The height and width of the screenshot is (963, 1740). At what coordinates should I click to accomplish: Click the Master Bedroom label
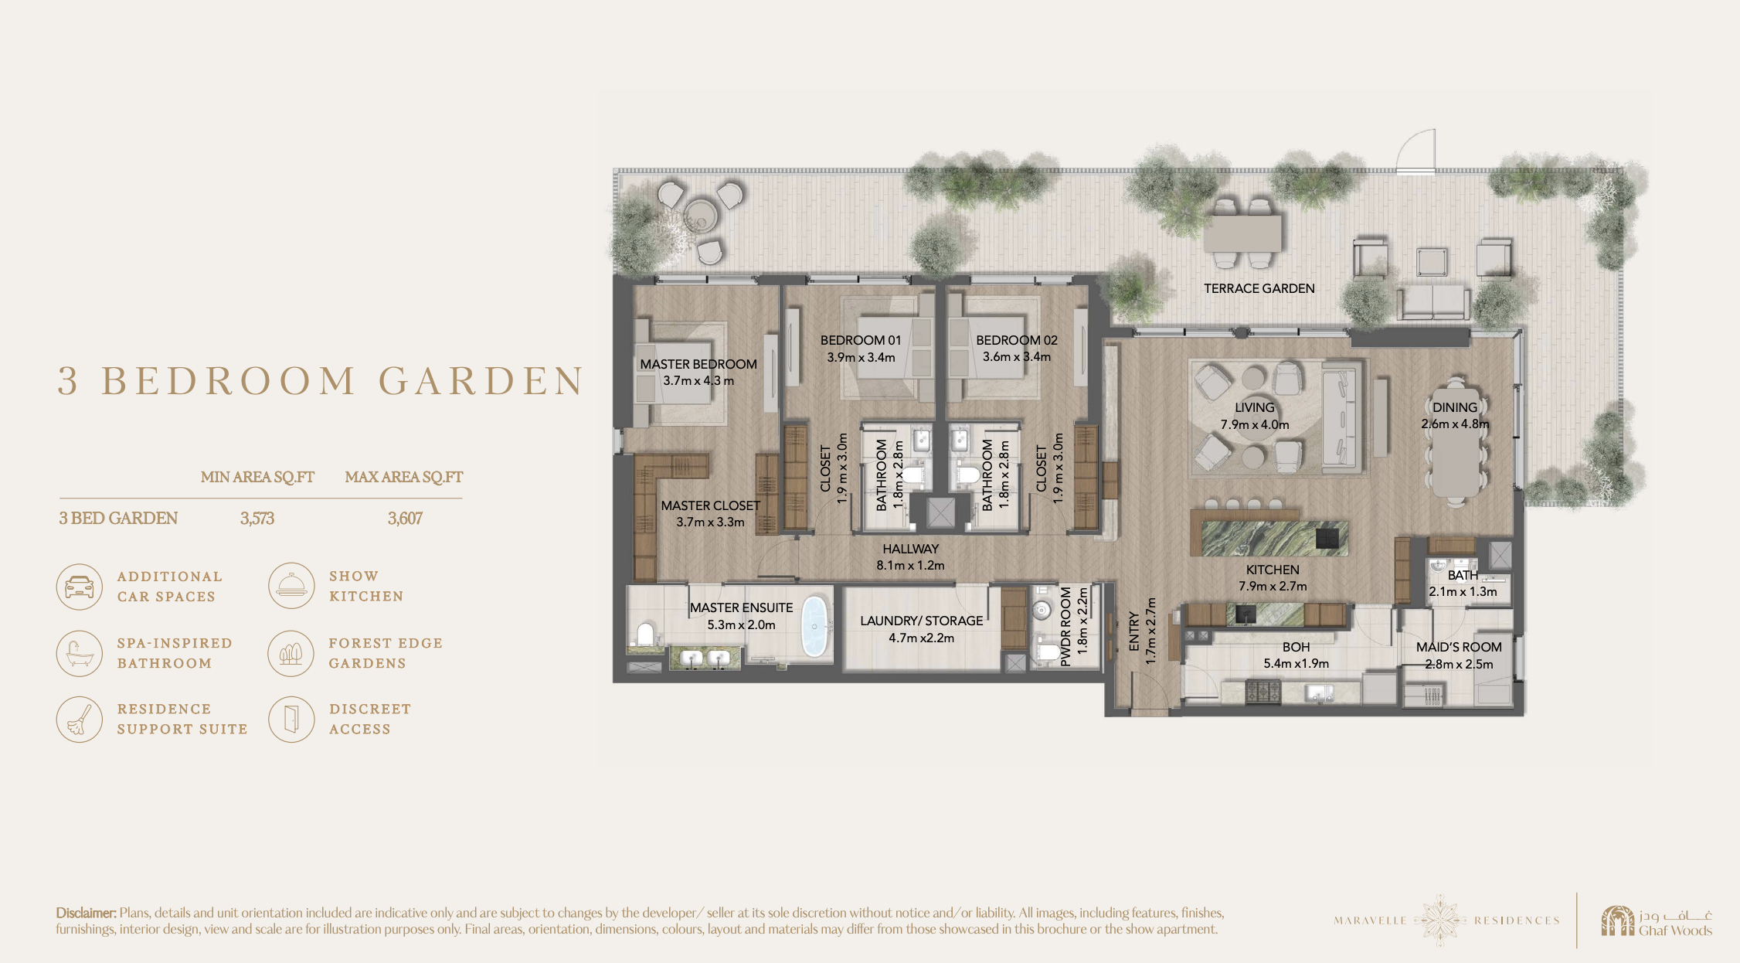pyautogui.click(x=698, y=364)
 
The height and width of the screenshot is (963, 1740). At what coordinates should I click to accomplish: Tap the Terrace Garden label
pyautogui.click(x=1259, y=288)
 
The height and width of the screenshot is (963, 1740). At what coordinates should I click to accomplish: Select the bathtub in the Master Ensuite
pyautogui.click(x=814, y=626)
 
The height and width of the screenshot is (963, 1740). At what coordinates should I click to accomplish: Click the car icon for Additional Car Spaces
pyautogui.click(x=80, y=587)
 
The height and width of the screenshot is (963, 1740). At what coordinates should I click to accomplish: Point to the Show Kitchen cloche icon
pyautogui.click(x=291, y=586)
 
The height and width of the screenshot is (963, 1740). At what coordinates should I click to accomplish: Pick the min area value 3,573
pyautogui.click(x=257, y=519)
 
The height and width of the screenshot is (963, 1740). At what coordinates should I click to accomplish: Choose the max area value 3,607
pyautogui.click(x=405, y=519)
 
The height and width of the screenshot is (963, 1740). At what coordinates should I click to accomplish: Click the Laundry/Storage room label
pyautogui.click(x=922, y=621)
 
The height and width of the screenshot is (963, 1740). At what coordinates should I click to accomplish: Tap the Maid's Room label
pyautogui.click(x=1459, y=647)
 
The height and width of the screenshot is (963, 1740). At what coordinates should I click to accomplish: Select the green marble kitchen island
pyautogui.click(x=1275, y=539)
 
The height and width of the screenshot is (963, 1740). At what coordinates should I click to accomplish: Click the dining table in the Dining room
pyautogui.click(x=1456, y=441)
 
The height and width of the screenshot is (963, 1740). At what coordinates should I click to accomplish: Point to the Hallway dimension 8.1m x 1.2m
pyautogui.click(x=910, y=566)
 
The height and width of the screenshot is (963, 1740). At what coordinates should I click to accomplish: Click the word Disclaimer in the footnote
pyautogui.click(x=86, y=913)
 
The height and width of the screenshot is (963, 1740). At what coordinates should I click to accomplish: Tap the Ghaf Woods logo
pyautogui.click(x=1657, y=920)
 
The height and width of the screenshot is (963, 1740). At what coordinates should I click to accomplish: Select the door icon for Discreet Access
pyautogui.click(x=291, y=719)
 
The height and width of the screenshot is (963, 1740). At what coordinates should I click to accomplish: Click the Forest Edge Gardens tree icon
pyautogui.click(x=291, y=653)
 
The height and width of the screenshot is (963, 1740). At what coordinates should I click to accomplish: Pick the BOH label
pyautogui.click(x=1297, y=647)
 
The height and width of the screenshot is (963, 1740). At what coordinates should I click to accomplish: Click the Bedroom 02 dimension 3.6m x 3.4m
pyautogui.click(x=1017, y=357)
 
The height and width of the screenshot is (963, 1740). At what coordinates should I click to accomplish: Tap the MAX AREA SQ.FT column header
pyautogui.click(x=404, y=477)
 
